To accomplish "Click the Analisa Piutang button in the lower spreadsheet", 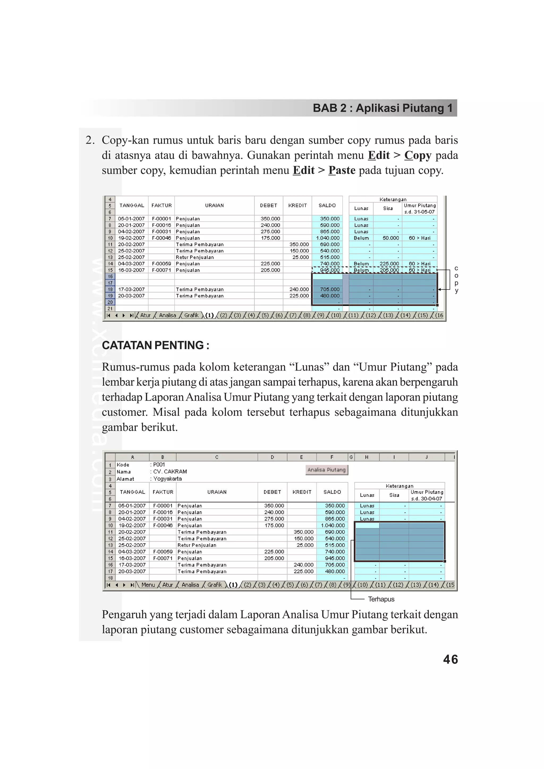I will click(x=326, y=470).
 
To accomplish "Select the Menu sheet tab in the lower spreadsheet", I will click(x=148, y=585).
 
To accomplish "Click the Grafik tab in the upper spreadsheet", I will click(x=192, y=315).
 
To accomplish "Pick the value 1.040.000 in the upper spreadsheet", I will click(x=328, y=238).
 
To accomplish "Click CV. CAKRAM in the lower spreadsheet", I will click(x=170, y=472).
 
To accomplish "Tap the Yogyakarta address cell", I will click(x=167, y=479).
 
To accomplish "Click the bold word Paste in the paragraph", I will click(x=342, y=170).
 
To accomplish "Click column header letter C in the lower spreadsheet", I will click(x=216, y=457).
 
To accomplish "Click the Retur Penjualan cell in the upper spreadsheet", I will click(x=194, y=257).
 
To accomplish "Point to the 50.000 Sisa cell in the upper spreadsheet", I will click(x=390, y=238).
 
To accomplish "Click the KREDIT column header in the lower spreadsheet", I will click(x=302, y=492).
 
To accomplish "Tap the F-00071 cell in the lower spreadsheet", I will click(x=163, y=558).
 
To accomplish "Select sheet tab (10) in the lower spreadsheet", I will click(x=362, y=585).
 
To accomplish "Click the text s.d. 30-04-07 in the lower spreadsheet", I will click(x=426, y=498).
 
